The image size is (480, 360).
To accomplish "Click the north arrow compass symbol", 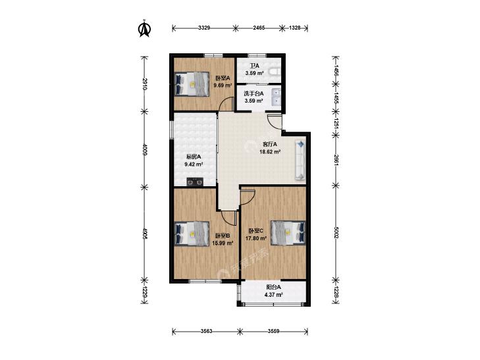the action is pos(144,29).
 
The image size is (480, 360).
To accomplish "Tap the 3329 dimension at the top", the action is pos(204,28).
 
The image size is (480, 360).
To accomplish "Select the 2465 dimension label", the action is pos(259,28).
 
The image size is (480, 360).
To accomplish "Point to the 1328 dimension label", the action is pos(295,28).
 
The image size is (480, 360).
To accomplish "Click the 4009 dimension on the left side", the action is pos(145,149).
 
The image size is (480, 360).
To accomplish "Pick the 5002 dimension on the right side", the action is pos(336,232).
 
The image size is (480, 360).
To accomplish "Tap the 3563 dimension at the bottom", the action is pos(207,331).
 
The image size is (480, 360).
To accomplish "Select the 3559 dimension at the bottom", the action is pos(274,331).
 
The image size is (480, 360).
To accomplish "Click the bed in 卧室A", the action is pos(192,84).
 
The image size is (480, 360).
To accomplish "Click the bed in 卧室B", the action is pos(192,234).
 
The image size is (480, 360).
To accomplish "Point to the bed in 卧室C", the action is pos(288,233).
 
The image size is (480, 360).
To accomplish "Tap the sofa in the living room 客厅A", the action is pos(300,159).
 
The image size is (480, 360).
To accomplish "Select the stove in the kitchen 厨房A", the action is pos(195,182).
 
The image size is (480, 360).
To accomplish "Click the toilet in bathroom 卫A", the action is pos(275,72).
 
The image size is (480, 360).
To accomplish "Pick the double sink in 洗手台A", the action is pos(277,96).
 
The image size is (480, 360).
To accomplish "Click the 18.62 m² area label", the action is pos(271,151).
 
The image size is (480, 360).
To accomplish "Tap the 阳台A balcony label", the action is pos(274,288).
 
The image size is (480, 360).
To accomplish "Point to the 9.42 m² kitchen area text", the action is pos(194,165).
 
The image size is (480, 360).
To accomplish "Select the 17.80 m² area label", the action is pos(256,238).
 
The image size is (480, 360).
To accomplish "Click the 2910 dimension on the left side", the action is pos(145,84).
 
